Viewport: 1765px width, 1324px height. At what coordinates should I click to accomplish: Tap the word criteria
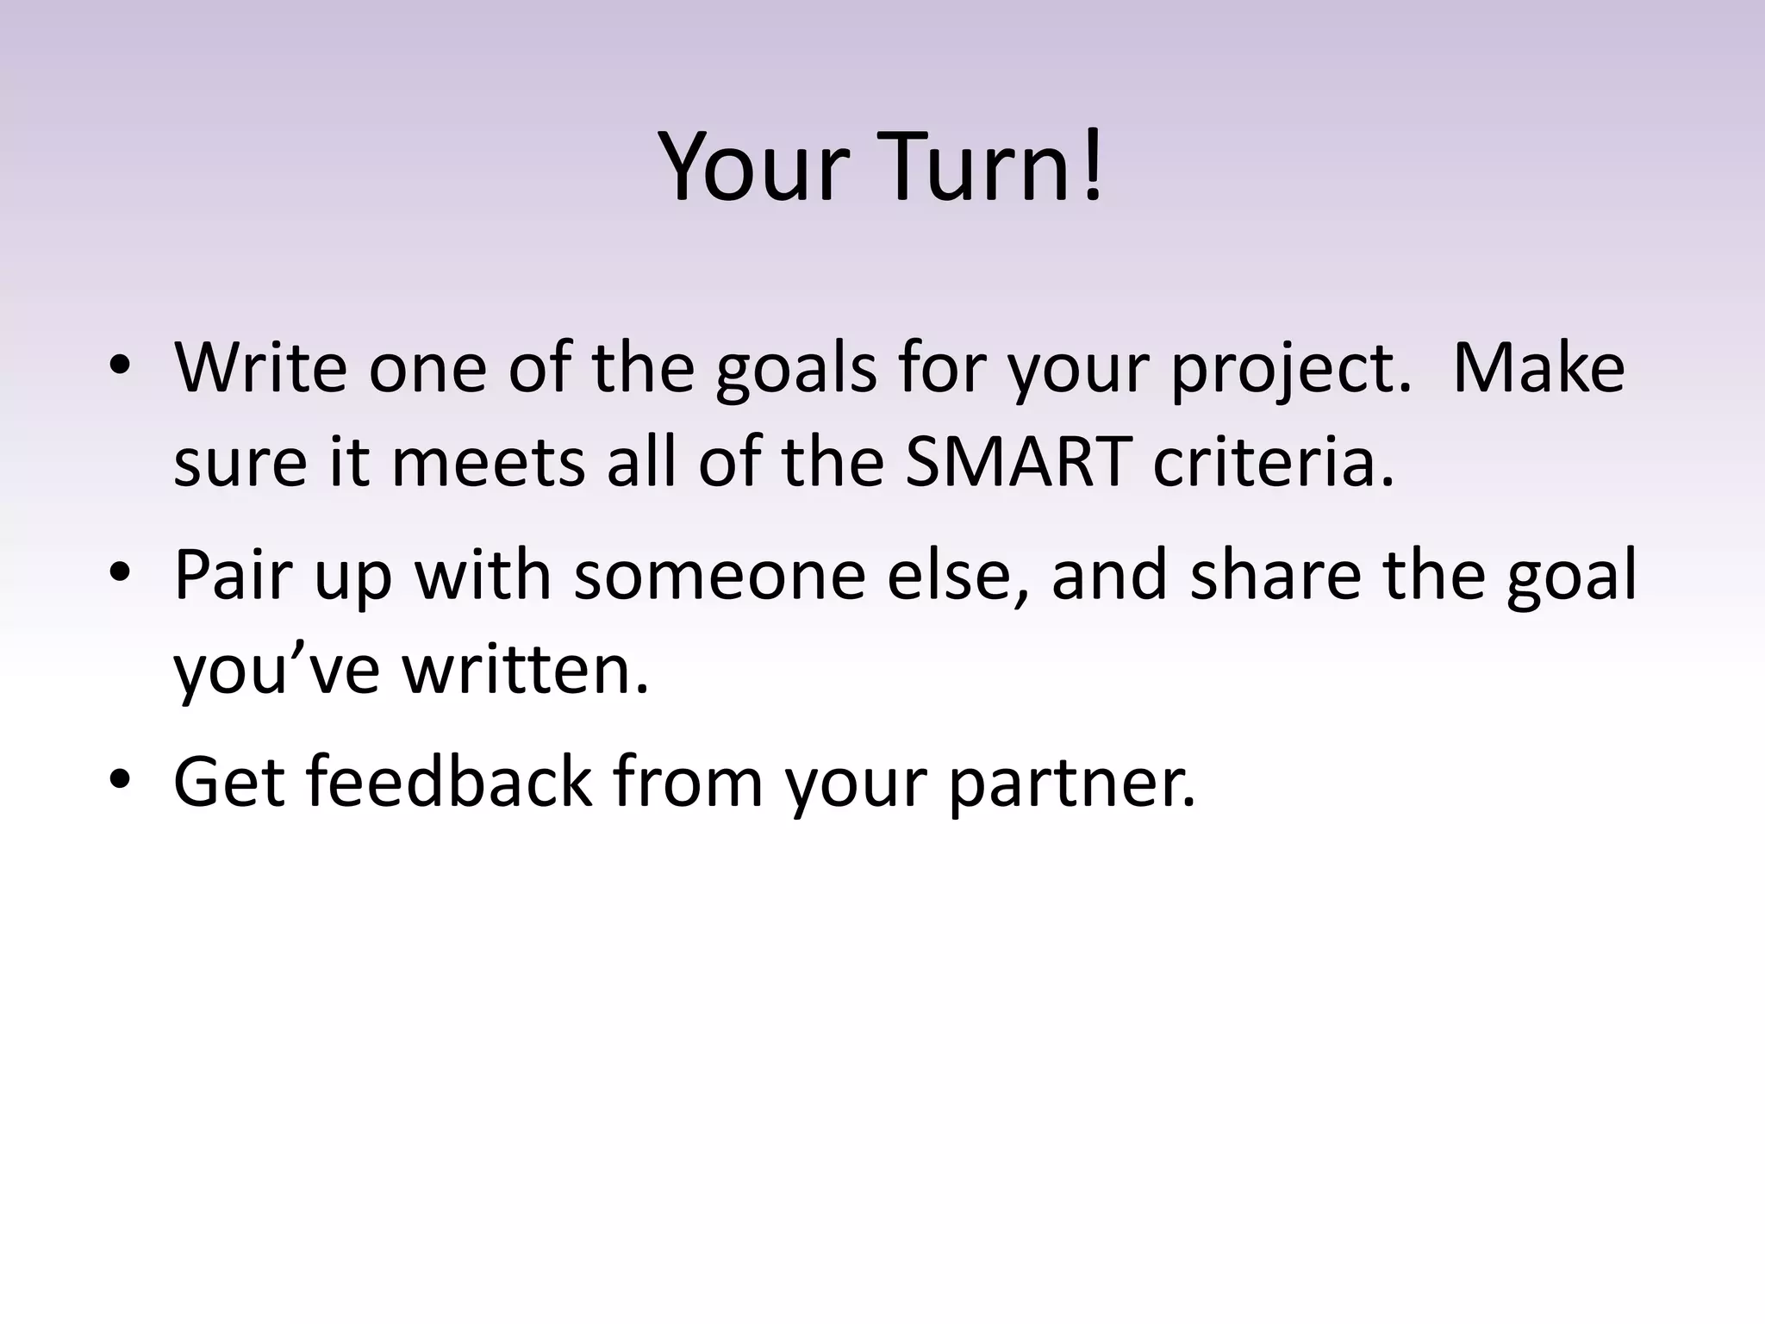1272,462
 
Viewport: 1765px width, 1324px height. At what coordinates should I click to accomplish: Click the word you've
277,670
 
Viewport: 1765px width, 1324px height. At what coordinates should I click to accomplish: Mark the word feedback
448,781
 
